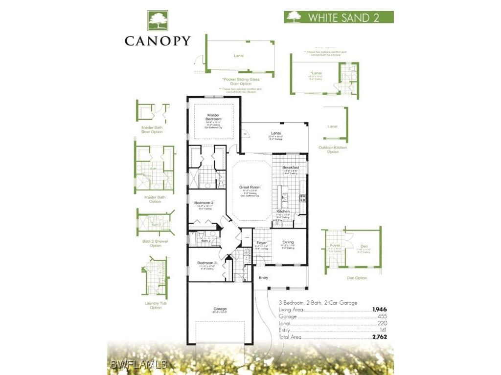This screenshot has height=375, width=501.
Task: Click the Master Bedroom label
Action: tap(213, 117)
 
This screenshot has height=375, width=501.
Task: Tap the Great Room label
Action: tap(250, 187)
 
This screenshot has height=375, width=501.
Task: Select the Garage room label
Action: tap(220, 309)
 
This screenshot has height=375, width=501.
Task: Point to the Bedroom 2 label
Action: tap(204, 203)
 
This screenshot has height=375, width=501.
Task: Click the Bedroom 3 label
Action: tap(206, 263)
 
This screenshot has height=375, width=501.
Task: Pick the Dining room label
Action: tap(288, 242)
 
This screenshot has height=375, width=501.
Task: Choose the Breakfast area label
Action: tap(290, 167)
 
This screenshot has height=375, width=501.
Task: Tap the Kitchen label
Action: tap(290, 211)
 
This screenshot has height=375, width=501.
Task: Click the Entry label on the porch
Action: tap(263, 277)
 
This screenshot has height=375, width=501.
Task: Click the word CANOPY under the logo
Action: tap(157, 41)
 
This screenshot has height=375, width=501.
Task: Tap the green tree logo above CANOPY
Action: tap(157, 21)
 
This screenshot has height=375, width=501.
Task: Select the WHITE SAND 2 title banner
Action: tap(339, 17)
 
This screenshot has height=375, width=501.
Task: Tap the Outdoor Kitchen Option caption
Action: tap(333, 149)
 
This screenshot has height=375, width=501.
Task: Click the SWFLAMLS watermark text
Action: tap(139, 364)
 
